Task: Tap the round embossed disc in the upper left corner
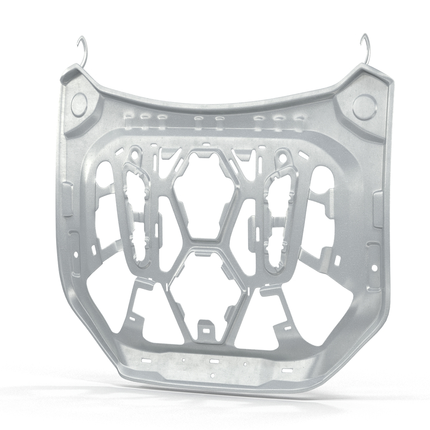coord(79,105)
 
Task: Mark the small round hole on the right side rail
coord(374,268)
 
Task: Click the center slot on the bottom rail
coord(214,361)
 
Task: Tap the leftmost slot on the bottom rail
coord(147,360)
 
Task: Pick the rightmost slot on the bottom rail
coord(287,370)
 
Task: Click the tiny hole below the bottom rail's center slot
coord(214,375)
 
